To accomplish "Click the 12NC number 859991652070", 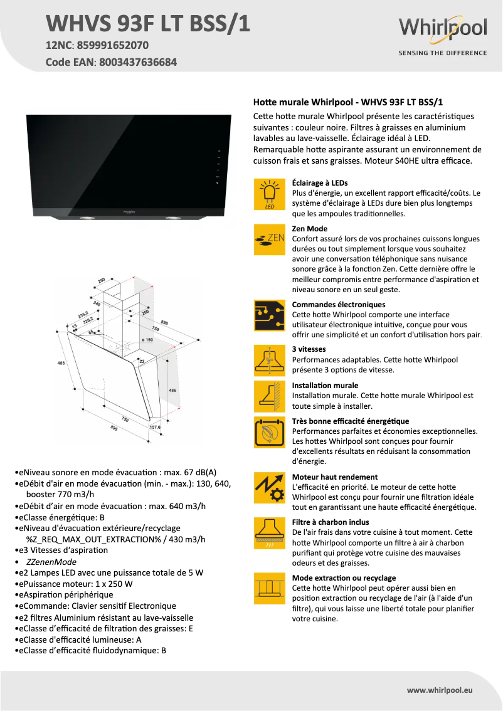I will [113, 45].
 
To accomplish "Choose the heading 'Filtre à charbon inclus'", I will [331, 522].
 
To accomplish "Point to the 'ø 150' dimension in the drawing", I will [147, 339].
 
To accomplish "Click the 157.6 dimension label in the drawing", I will [155, 428].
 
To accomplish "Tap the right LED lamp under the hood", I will [171, 218].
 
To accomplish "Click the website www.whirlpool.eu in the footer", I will [439, 690].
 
